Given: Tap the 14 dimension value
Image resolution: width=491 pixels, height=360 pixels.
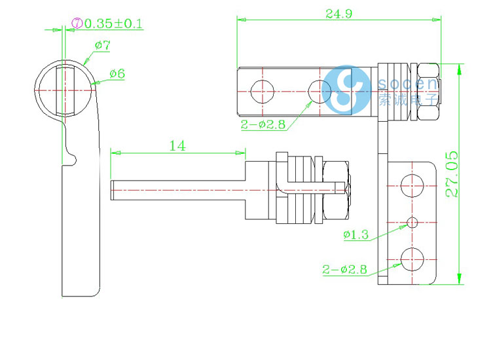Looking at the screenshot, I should (177, 145).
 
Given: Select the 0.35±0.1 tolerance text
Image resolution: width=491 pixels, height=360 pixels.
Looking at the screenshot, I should (115, 24).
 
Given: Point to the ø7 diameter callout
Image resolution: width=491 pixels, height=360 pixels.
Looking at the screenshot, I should (102, 45).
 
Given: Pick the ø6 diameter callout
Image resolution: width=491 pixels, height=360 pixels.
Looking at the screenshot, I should (117, 73).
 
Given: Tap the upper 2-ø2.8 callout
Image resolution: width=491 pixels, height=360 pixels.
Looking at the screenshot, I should (263, 124).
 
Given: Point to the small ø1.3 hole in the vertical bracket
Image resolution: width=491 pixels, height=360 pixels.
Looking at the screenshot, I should (412, 223).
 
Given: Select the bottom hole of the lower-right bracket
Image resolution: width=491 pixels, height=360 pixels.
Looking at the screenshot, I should (412, 259).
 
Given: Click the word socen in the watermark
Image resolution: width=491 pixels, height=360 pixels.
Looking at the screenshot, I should (407, 84).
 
